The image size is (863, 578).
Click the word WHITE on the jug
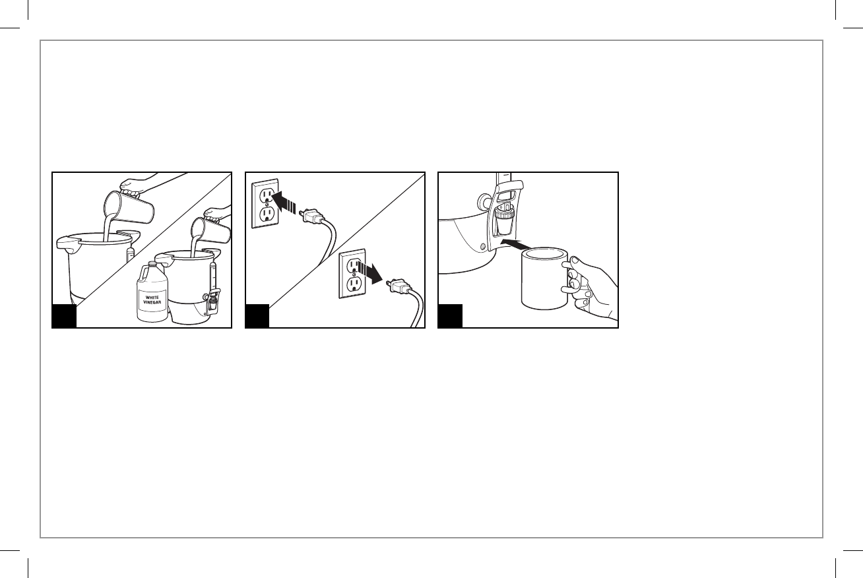(152, 297)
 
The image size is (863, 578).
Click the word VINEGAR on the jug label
(152, 302)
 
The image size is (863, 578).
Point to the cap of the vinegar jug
(153, 263)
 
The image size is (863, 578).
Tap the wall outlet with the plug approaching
(265, 203)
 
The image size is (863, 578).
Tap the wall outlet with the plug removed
(352, 273)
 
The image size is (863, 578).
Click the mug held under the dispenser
(544, 278)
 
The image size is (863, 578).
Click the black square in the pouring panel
(64, 316)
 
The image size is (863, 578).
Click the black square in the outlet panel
(257, 316)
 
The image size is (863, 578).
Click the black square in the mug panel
(450, 316)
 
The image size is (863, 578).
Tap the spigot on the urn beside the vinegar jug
(213, 301)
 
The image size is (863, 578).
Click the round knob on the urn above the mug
(484, 201)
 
